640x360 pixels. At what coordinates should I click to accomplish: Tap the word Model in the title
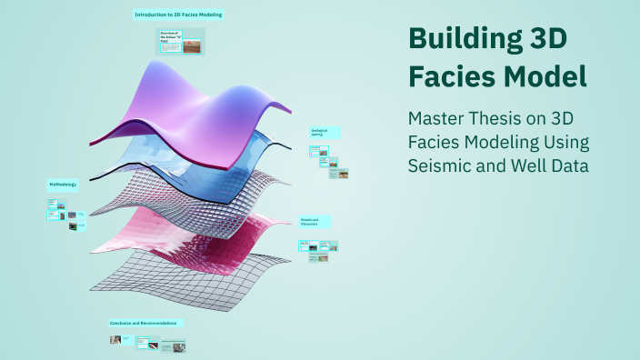point(543,78)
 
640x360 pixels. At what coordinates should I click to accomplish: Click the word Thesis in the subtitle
point(514,120)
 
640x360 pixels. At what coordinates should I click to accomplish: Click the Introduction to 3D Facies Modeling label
point(178,15)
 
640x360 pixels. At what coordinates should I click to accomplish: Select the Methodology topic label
point(63,185)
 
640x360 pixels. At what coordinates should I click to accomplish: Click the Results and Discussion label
point(314,222)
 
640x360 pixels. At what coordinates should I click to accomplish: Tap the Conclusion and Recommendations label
point(146,323)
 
